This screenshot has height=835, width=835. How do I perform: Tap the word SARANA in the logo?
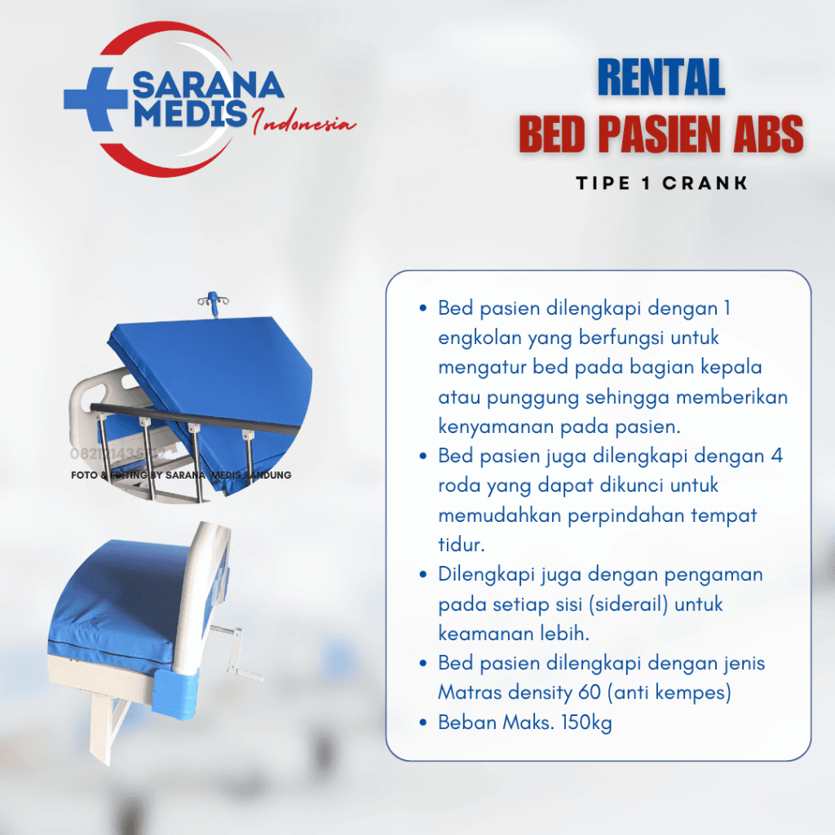pos(208,85)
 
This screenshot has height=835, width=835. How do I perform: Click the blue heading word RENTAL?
pos(660,79)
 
